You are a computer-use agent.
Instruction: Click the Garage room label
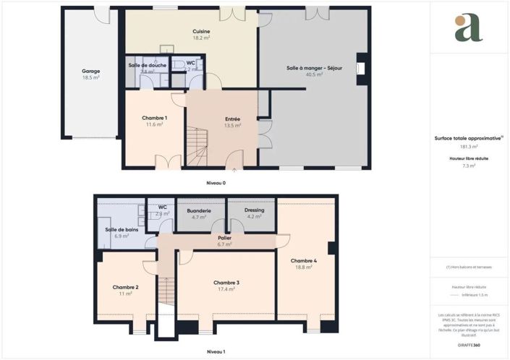coord(90,71)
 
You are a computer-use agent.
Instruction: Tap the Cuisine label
coord(201,31)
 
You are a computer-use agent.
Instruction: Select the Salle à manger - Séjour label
coord(314,68)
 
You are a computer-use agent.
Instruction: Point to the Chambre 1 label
coord(154,118)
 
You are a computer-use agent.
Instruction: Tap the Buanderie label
coord(198,211)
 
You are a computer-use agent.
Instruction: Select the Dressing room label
coord(255,210)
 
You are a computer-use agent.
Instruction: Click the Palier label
coord(224,238)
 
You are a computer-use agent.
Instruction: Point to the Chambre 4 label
coord(304,260)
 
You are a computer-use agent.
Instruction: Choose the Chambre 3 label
coord(226,282)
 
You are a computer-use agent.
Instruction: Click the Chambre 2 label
coord(125,288)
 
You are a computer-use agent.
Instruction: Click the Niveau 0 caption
coord(216,183)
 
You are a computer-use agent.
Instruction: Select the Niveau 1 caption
coord(216,351)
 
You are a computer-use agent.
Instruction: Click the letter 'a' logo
coord(469,27)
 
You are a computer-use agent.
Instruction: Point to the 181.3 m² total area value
coord(469,146)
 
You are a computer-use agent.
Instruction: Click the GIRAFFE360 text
coord(468,345)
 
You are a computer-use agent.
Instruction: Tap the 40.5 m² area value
coord(314,74)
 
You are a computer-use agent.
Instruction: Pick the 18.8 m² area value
coord(304,267)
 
